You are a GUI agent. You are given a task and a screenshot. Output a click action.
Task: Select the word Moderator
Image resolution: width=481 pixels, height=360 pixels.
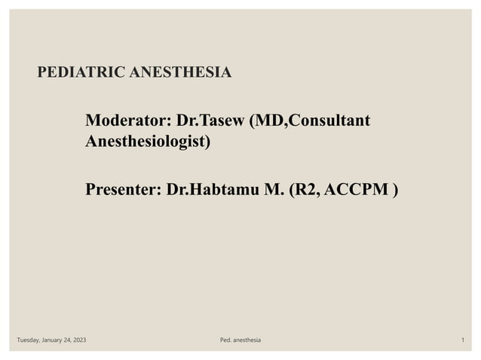point(126,121)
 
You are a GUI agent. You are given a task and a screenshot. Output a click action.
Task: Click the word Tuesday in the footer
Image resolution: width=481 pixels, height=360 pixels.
point(29,341)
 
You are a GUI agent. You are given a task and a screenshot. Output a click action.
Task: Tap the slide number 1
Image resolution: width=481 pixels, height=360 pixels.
point(461,341)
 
